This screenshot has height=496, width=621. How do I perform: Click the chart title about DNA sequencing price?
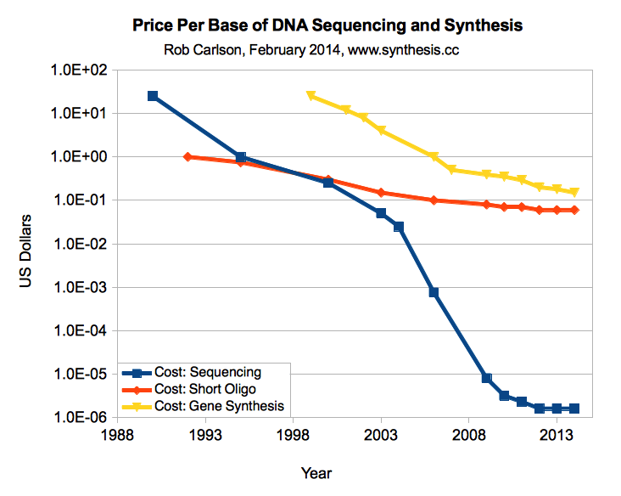click(x=327, y=26)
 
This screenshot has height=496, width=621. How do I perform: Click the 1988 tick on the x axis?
click(x=117, y=435)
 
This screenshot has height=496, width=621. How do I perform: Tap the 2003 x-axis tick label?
click(x=381, y=435)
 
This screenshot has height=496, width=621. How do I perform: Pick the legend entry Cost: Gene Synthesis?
click(x=219, y=406)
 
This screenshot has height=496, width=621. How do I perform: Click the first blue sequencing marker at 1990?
click(x=153, y=96)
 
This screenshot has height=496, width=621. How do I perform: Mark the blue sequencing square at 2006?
click(x=434, y=292)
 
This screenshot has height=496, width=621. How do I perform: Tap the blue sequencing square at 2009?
click(x=486, y=378)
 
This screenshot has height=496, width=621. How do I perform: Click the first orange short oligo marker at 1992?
click(x=187, y=157)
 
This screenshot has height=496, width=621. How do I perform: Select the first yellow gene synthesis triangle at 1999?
click(x=310, y=96)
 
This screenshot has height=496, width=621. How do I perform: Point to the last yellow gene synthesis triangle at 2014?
click(x=574, y=193)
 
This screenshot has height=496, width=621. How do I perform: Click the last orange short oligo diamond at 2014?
click(x=574, y=210)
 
